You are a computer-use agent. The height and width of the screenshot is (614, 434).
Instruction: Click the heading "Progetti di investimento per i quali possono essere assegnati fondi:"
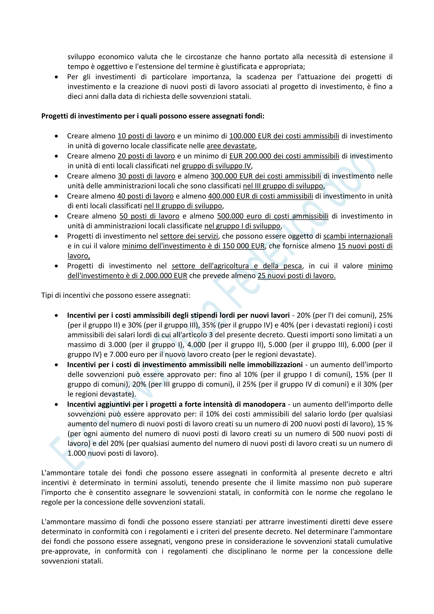[x=153, y=116]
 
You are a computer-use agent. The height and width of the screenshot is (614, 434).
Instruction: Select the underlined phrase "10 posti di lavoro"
[x=146, y=136]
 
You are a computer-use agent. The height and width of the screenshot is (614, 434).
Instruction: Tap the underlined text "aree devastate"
[x=231, y=146]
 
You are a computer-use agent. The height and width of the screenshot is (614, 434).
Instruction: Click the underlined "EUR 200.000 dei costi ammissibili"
[x=284, y=156]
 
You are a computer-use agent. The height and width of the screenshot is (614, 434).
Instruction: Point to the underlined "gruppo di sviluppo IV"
[x=216, y=166]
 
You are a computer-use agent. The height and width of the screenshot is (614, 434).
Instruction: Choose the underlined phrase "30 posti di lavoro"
[x=146, y=176]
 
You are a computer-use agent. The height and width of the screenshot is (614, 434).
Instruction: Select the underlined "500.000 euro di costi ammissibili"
[x=273, y=216]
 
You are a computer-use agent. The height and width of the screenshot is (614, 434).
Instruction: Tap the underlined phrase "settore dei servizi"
[x=189, y=236]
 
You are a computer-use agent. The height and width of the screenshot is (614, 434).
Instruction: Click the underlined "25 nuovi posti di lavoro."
[x=296, y=276]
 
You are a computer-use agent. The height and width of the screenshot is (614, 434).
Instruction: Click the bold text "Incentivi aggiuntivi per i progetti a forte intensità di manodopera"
[x=176, y=404]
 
